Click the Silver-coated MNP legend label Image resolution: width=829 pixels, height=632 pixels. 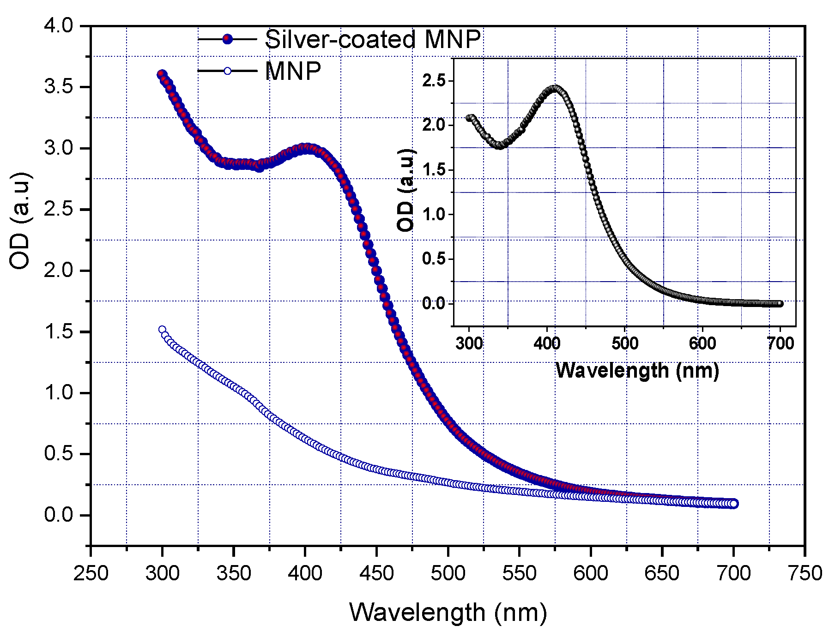point(372,40)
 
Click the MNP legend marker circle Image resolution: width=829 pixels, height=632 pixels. point(227,71)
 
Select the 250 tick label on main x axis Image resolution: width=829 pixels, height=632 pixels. point(91,573)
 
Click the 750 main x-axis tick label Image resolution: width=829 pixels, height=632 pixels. point(805,573)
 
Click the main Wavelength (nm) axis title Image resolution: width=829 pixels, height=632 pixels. point(448,612)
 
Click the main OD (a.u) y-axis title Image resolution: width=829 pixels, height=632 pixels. point(21,221)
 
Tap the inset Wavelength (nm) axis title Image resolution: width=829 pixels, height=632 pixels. point(637,370)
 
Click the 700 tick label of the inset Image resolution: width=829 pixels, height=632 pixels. point(780,343)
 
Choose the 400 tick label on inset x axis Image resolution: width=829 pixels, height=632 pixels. point(547,343)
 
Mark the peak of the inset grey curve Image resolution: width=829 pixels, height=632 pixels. point(556,88)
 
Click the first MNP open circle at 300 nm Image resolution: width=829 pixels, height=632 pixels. point(162,330)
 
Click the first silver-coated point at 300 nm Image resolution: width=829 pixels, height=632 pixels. point(162,74)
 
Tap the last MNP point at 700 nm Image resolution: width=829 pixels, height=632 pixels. point(733,504)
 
